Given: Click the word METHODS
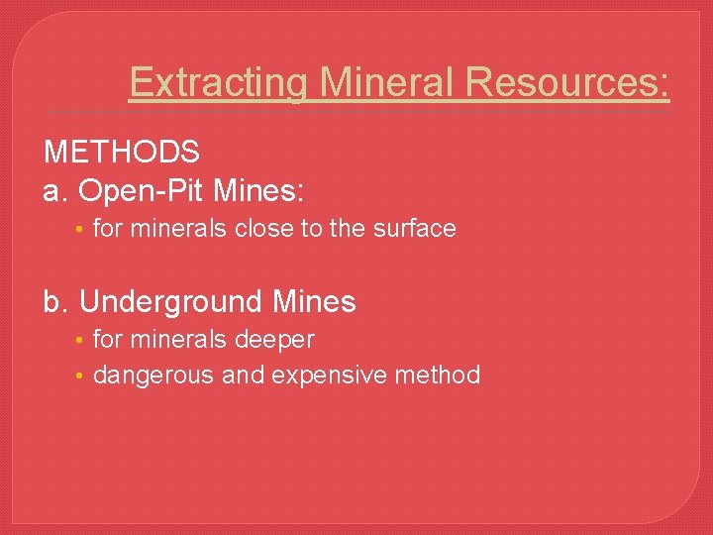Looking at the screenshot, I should coord(122,153).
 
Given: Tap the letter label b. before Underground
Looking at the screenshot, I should coord(56,301).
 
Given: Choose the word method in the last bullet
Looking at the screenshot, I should coord(437,375).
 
